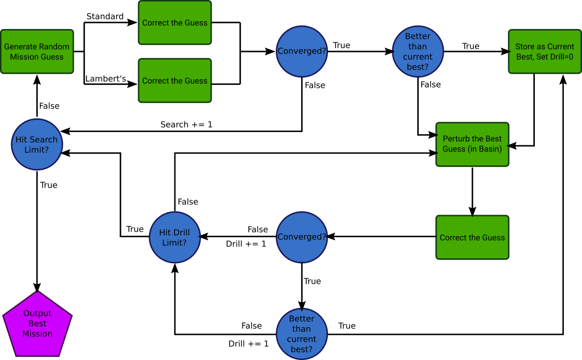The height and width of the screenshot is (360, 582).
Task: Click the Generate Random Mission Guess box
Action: (37, 52)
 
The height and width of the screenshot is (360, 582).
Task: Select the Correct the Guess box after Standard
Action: (175, 23)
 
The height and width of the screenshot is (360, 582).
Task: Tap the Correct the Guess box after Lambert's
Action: (175, 81)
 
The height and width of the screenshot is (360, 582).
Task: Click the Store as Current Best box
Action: (545, 52)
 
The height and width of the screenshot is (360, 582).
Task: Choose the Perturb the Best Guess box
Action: (472, 144)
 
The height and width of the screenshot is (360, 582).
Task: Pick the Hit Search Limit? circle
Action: (37, 144)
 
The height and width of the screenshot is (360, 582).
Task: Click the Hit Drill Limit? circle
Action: (175, 237)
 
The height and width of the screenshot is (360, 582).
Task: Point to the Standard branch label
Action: (105, 17)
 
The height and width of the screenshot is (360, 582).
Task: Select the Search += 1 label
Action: (186, 125)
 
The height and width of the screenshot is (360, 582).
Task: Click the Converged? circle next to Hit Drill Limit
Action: (302, 237)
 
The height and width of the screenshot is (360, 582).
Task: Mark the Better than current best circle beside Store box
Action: (418, 51)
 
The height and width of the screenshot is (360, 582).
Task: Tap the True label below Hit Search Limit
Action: (49, 185)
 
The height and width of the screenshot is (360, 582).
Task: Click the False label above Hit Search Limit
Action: (49, 106)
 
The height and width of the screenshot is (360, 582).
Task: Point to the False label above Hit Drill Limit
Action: (188, 201)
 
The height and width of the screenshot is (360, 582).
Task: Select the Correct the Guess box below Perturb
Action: (472, 237)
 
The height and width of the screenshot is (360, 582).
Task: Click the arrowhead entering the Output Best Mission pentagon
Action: (37, 287)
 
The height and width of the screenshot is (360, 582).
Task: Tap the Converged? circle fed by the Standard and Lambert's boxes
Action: (302, 51)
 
